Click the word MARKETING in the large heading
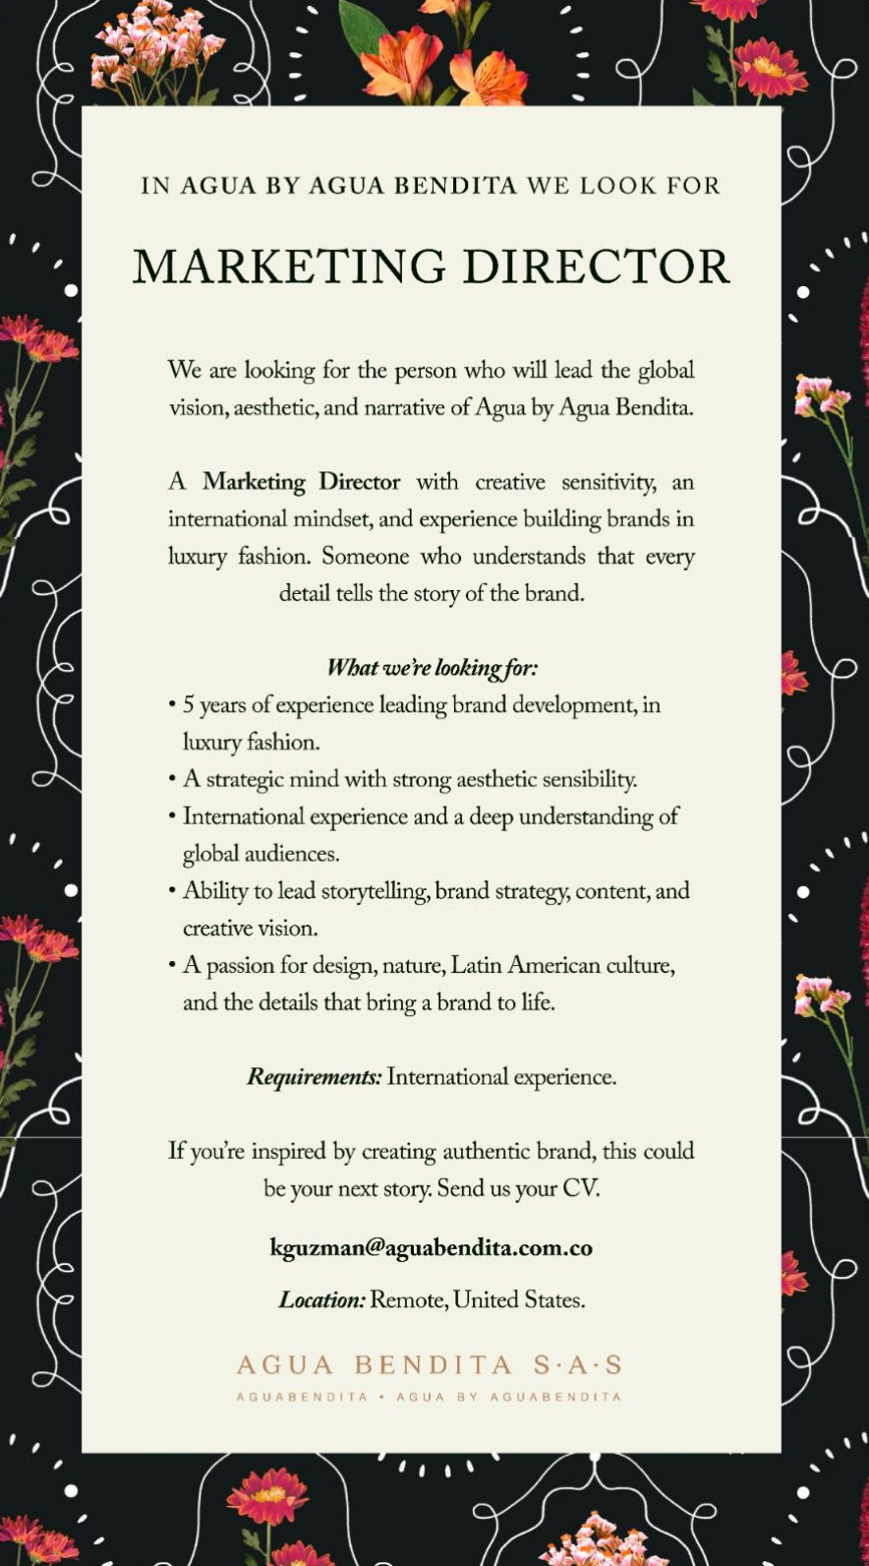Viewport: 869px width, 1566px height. click(290, 268)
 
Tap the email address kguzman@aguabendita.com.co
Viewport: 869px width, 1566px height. click(431, 1247)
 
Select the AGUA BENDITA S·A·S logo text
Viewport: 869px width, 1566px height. click(430, 1364)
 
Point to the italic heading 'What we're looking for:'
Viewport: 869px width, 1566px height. click(432, 668)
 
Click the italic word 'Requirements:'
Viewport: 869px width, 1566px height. click(314, 1077)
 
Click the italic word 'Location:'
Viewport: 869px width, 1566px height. click(321, 1300)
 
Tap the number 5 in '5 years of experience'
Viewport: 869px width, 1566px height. click(189, 705)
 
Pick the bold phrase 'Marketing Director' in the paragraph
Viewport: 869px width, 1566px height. click(301, 482)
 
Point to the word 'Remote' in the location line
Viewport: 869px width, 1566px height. click(408, 1300)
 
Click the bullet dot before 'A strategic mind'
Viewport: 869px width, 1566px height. click(172, 779)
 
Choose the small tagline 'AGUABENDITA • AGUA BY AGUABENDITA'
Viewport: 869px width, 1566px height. click(430, 1396)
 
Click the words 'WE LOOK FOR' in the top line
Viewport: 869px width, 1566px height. click(623, 186)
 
